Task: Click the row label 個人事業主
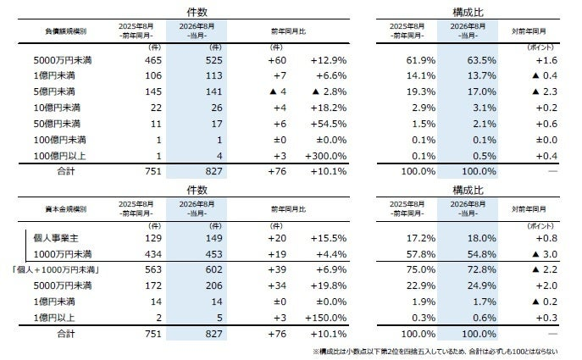56,238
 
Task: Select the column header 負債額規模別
66,31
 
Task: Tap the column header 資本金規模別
66,209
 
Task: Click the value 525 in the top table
213,60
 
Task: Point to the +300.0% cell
326,156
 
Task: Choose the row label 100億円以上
60,156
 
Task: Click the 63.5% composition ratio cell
481,60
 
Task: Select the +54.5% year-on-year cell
329,124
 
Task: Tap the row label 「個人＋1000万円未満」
56,270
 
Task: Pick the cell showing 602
213,270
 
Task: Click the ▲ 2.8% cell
330,91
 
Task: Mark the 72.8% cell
481,270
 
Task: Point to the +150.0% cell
326,318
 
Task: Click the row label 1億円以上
54,318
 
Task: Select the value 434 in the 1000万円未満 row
153,254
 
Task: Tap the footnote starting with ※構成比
435,352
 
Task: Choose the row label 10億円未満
57,108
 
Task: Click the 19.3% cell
421,91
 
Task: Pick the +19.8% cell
329,285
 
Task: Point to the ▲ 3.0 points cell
545,254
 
